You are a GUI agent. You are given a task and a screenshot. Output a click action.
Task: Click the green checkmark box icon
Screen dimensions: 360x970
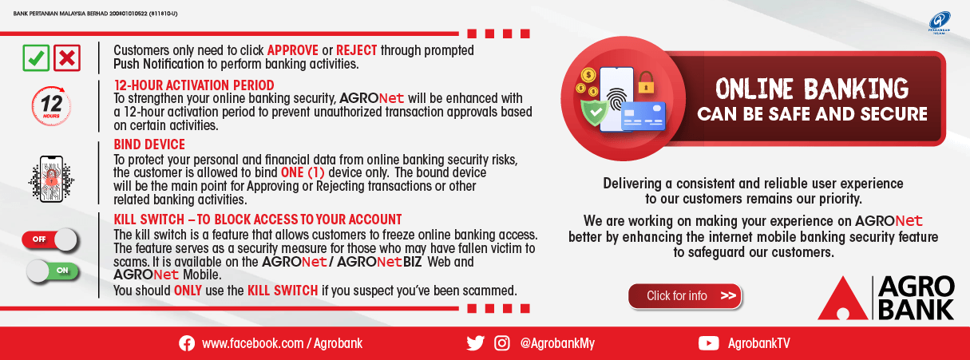[36, 57]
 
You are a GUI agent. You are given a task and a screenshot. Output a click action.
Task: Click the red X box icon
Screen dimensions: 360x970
[68, 57]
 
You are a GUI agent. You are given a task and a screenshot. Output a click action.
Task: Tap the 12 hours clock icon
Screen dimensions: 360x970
[51, 105]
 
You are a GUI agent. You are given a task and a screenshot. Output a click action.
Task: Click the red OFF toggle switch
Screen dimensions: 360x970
[51, 239]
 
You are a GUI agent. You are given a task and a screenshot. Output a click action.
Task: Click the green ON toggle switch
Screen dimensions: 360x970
[51, 271]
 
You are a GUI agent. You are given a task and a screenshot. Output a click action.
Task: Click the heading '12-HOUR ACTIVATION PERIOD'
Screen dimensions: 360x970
[194, 85]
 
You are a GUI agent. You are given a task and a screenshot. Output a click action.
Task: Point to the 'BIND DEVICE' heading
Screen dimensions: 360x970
[149, 144]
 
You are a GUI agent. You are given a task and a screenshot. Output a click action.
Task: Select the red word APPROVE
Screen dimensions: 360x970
[292, 50]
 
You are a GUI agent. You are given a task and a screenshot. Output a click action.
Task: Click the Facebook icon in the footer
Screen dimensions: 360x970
[187, 343]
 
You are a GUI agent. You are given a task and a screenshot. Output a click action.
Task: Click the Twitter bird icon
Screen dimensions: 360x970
[475, 343]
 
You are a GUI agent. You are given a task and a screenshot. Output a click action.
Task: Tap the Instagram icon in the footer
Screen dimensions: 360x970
[502, 343]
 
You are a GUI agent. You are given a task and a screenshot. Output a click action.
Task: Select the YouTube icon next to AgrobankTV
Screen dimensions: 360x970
[708, 343]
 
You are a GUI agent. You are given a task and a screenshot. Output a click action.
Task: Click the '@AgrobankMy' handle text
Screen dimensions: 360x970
[557, 343]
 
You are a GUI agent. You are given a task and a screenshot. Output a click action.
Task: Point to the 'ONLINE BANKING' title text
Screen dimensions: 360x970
[812, 87]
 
